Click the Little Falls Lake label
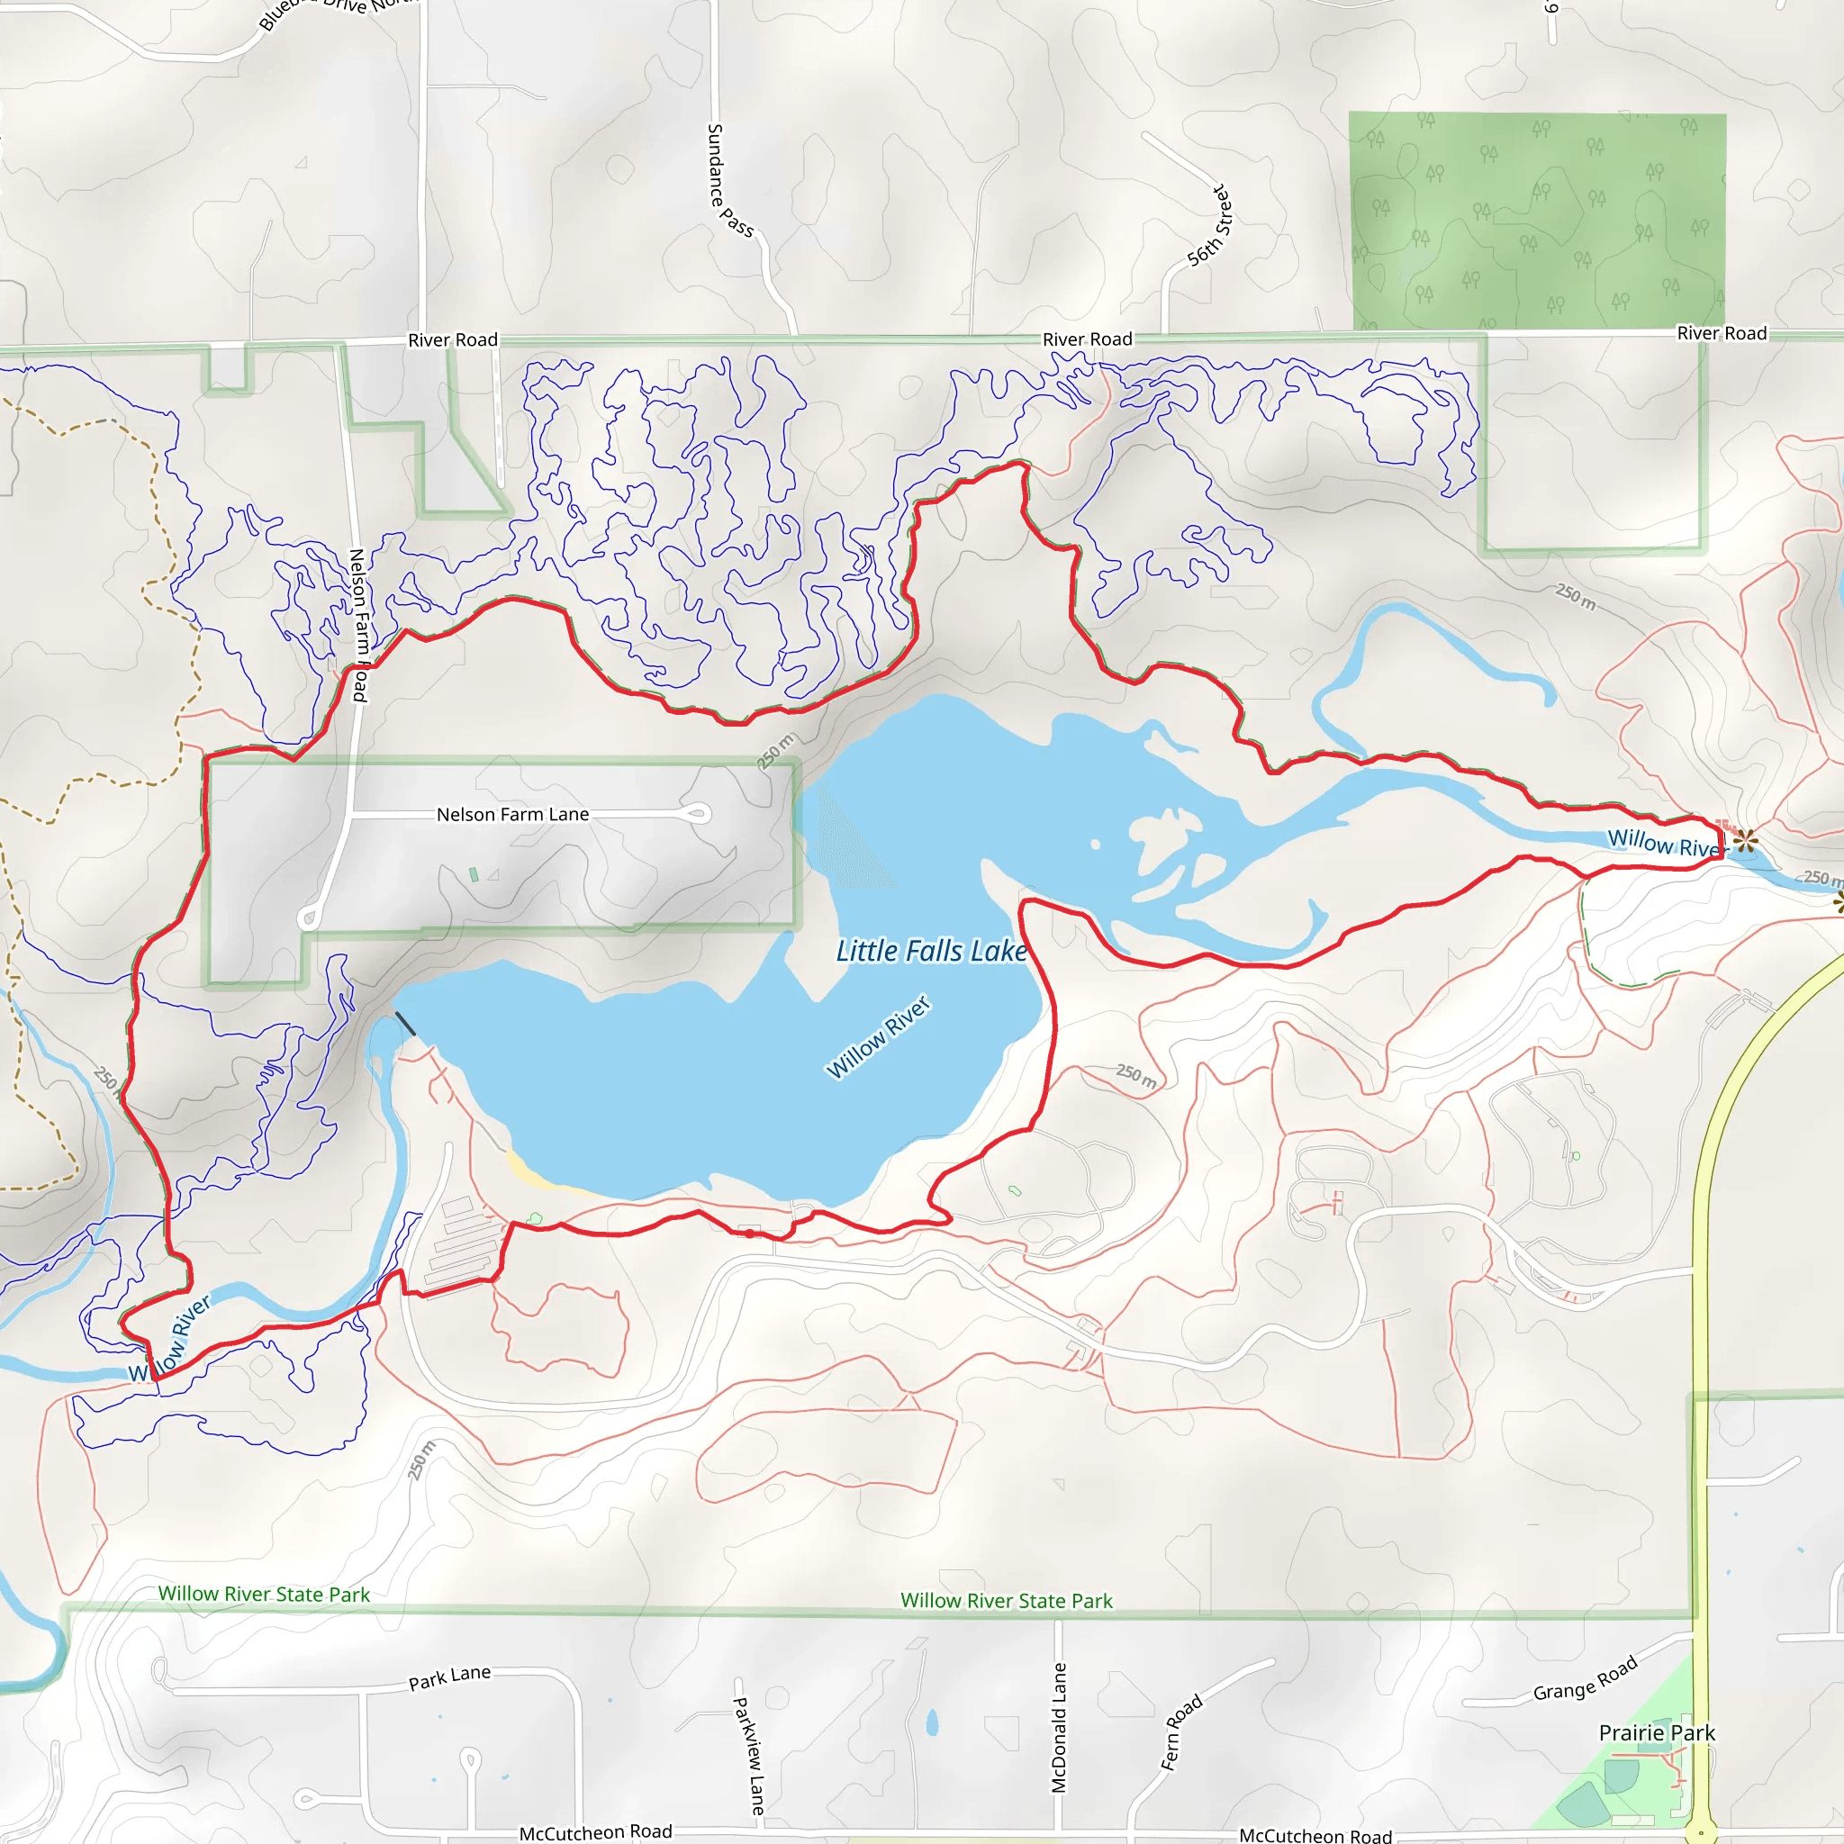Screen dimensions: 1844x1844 [931, 951]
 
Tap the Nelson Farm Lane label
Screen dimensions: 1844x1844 [512, 814]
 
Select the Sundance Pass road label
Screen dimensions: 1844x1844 [728, 180]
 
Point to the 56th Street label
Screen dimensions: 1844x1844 [1210, 225]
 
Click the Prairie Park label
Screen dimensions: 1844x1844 [1657, 1732]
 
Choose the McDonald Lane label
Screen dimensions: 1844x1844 [1058, 1728]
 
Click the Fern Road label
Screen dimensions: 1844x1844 [1181, 1732]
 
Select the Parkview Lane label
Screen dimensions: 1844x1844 [749, 1754]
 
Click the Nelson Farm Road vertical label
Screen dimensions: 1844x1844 [359, 625]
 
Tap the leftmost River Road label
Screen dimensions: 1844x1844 [452, 339]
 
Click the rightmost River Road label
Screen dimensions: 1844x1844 [1722, 333]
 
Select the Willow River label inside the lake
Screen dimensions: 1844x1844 [877, 1037]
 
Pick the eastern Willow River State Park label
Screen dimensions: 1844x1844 [1006, 1601]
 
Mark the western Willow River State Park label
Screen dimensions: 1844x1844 [264, 1594]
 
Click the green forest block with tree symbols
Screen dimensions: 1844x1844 [1537, 221]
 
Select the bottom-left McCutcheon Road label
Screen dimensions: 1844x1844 [595, 1831]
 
